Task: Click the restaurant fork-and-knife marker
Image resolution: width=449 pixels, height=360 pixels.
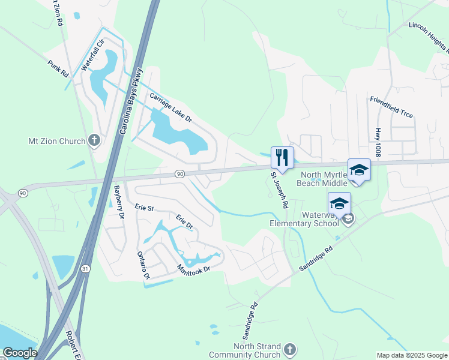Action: click(x=282, y=157)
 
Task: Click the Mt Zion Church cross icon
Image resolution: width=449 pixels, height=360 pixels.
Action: click(x=94, y=141)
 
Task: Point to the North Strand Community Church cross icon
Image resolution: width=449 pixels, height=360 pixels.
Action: click(x=289, y=349)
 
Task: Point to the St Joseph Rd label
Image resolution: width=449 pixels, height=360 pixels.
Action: click(x=279, y=191)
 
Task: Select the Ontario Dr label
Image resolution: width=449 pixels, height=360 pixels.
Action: click(x=143, y=265)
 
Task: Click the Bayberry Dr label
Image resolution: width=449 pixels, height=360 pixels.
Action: click(x=118, y=201)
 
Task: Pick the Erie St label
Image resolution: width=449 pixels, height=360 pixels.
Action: click(x=145, y=208)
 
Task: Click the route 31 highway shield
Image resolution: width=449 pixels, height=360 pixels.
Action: click(x=86, y=269)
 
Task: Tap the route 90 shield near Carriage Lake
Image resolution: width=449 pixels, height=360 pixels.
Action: click(x=179, y=174)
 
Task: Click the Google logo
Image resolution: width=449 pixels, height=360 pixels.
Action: click(x=20, y=353)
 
